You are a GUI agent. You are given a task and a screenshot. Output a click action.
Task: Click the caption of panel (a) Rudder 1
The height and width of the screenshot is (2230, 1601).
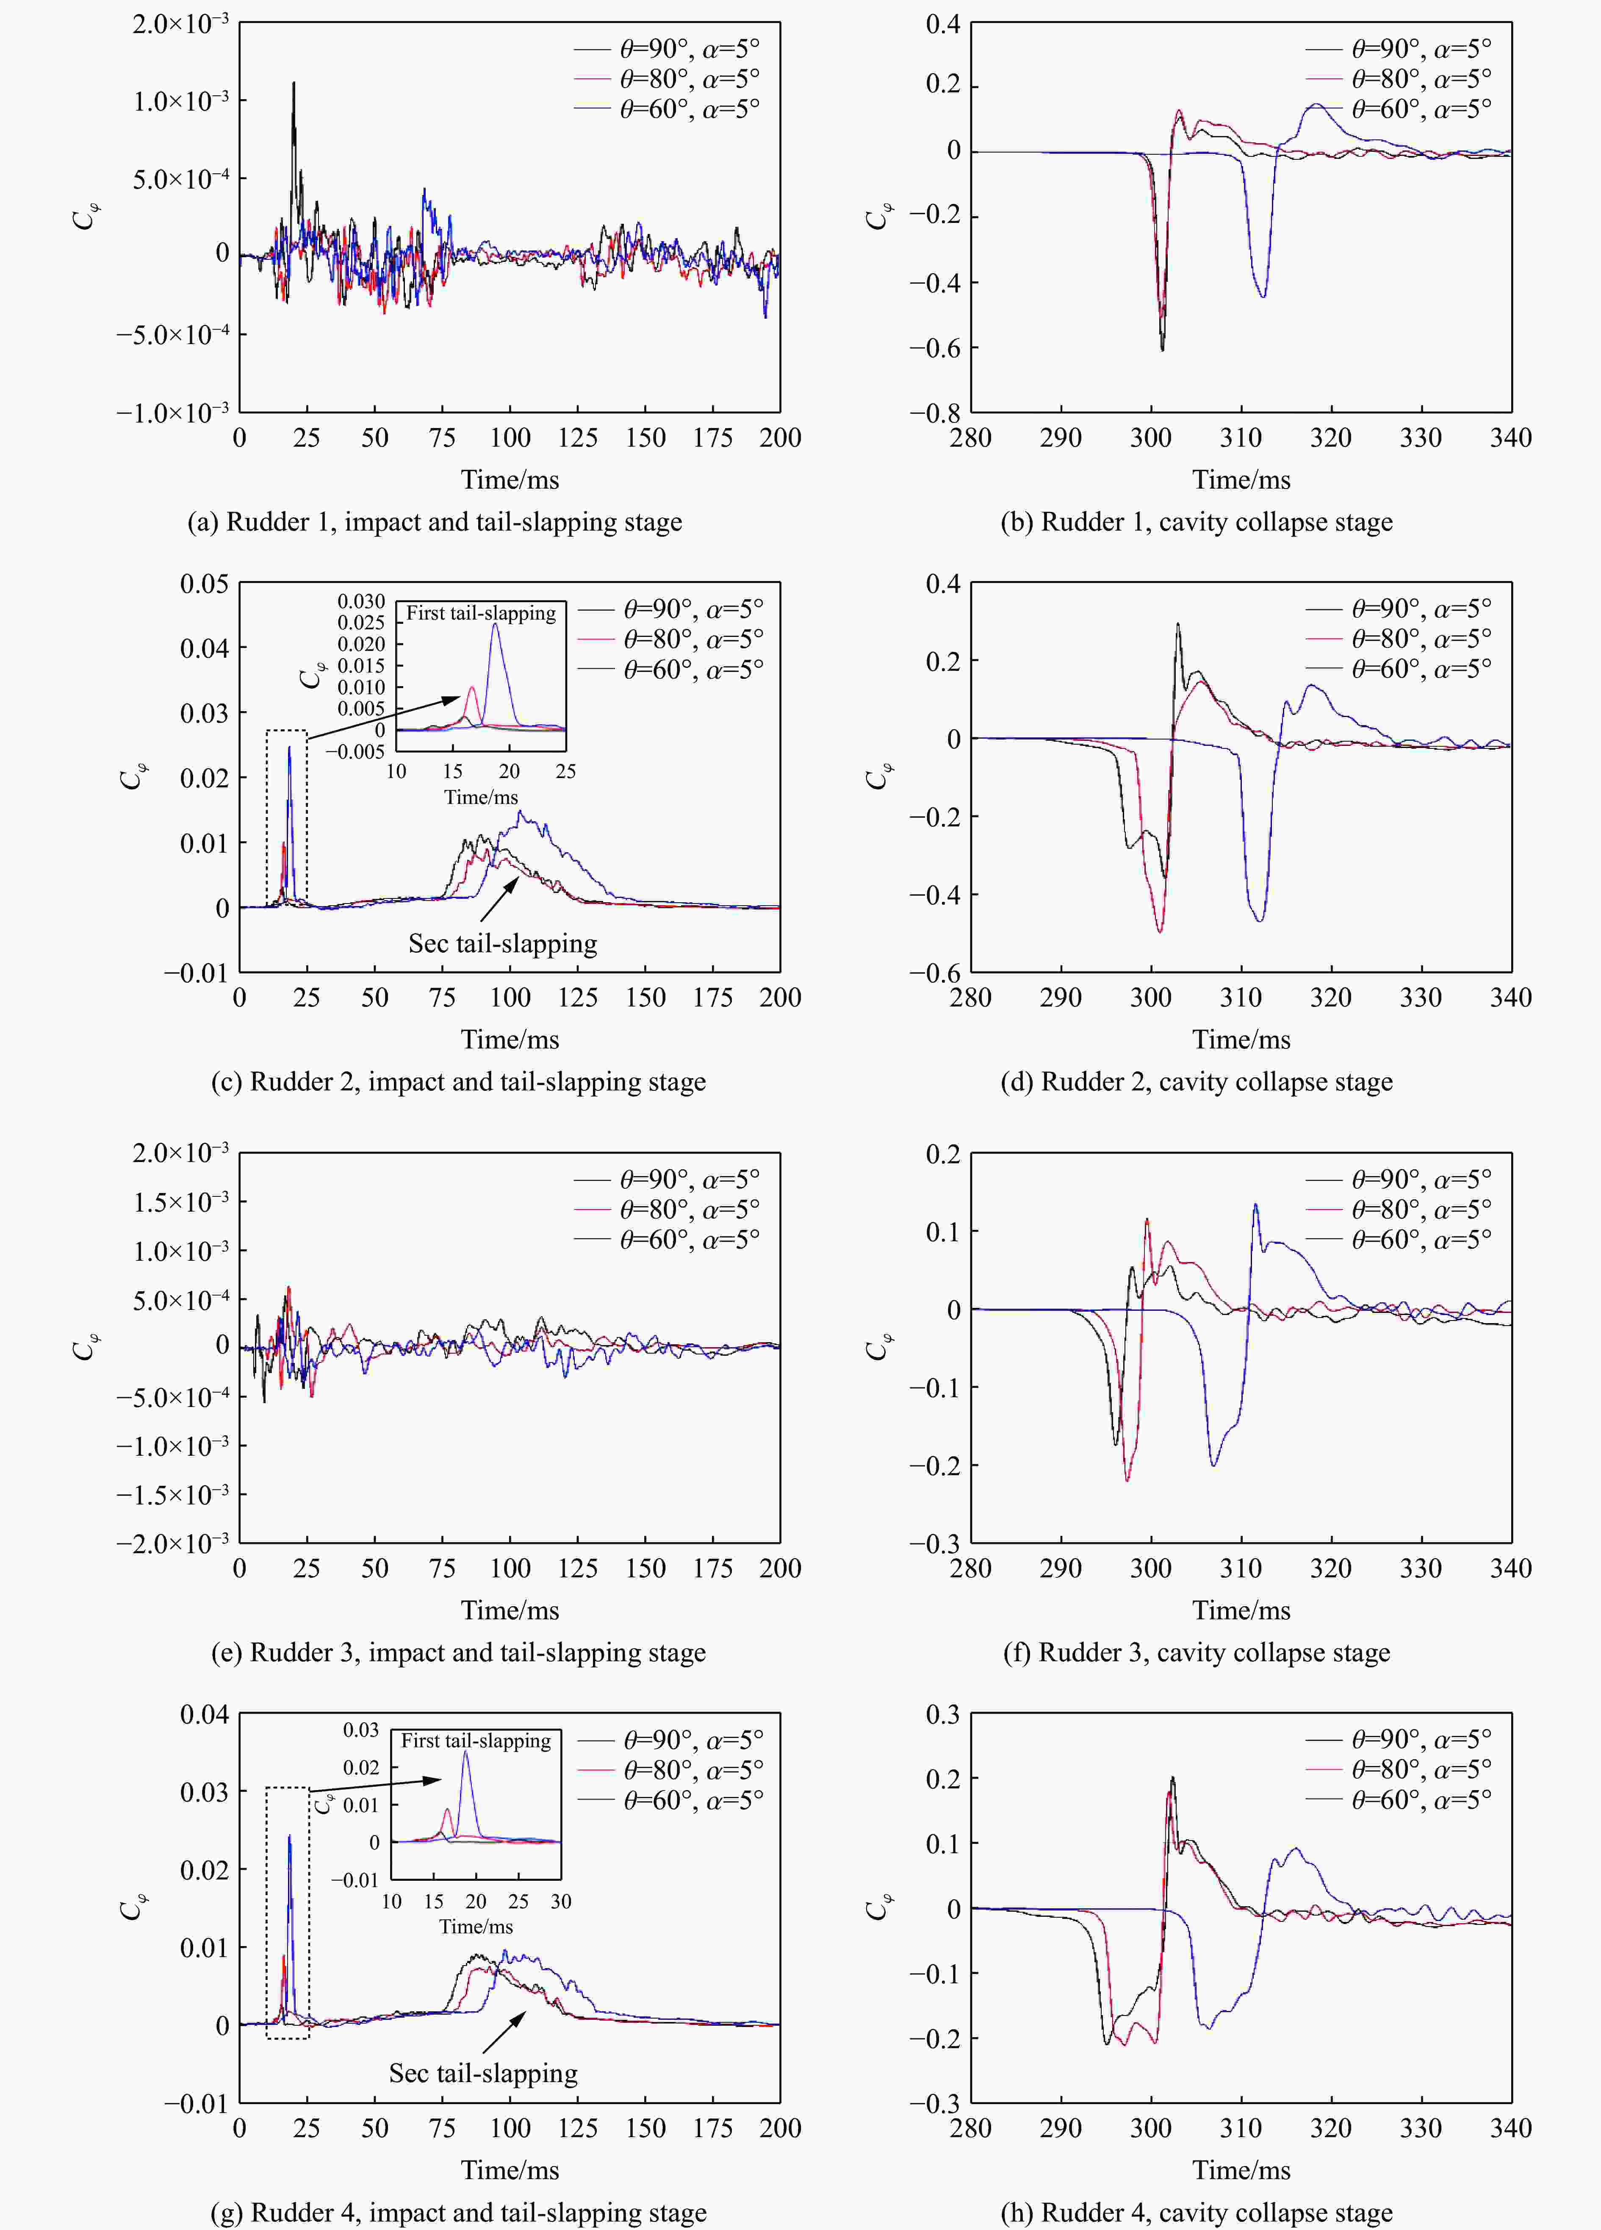435,522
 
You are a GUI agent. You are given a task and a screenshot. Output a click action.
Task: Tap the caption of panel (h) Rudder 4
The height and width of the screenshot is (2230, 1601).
1196,2212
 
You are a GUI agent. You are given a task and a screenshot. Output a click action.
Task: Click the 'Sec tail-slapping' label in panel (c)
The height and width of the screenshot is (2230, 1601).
502,944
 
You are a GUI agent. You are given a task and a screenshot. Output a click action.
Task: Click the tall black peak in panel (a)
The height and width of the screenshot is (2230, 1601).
293,85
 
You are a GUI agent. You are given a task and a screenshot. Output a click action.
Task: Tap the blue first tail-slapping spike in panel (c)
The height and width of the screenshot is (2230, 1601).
289,749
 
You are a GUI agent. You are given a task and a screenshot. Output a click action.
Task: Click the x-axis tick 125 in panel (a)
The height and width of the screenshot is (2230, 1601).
578,439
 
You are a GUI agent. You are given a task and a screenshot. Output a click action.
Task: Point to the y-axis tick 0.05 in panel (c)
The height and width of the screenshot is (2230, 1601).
203,584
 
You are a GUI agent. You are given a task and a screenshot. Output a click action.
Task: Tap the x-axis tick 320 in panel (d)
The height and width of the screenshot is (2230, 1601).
1331,998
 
